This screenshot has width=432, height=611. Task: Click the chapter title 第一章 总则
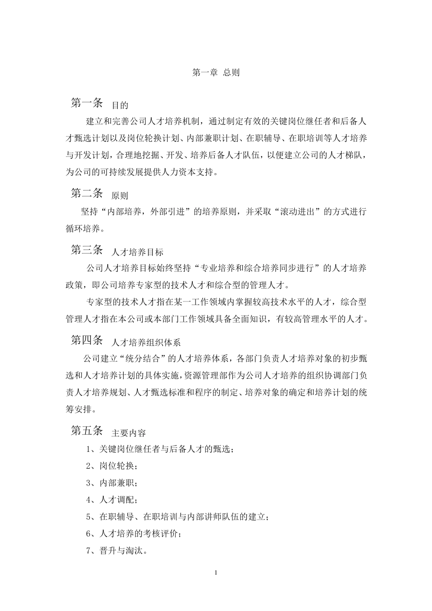point(216,72)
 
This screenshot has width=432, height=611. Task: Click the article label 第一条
point(87,103)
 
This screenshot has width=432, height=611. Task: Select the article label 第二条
point(87,193)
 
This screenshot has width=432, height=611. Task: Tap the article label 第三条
point(87,250)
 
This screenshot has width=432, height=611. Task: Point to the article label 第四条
point(87,340)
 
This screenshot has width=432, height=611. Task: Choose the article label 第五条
point(87,431)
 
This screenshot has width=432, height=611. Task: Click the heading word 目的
point(120,105)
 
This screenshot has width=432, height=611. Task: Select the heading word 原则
point(120,196)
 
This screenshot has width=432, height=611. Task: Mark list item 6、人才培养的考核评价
point(134,534)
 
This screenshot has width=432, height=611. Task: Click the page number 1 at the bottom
point(216,572)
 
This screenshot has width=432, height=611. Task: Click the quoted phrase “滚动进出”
point(297,212)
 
